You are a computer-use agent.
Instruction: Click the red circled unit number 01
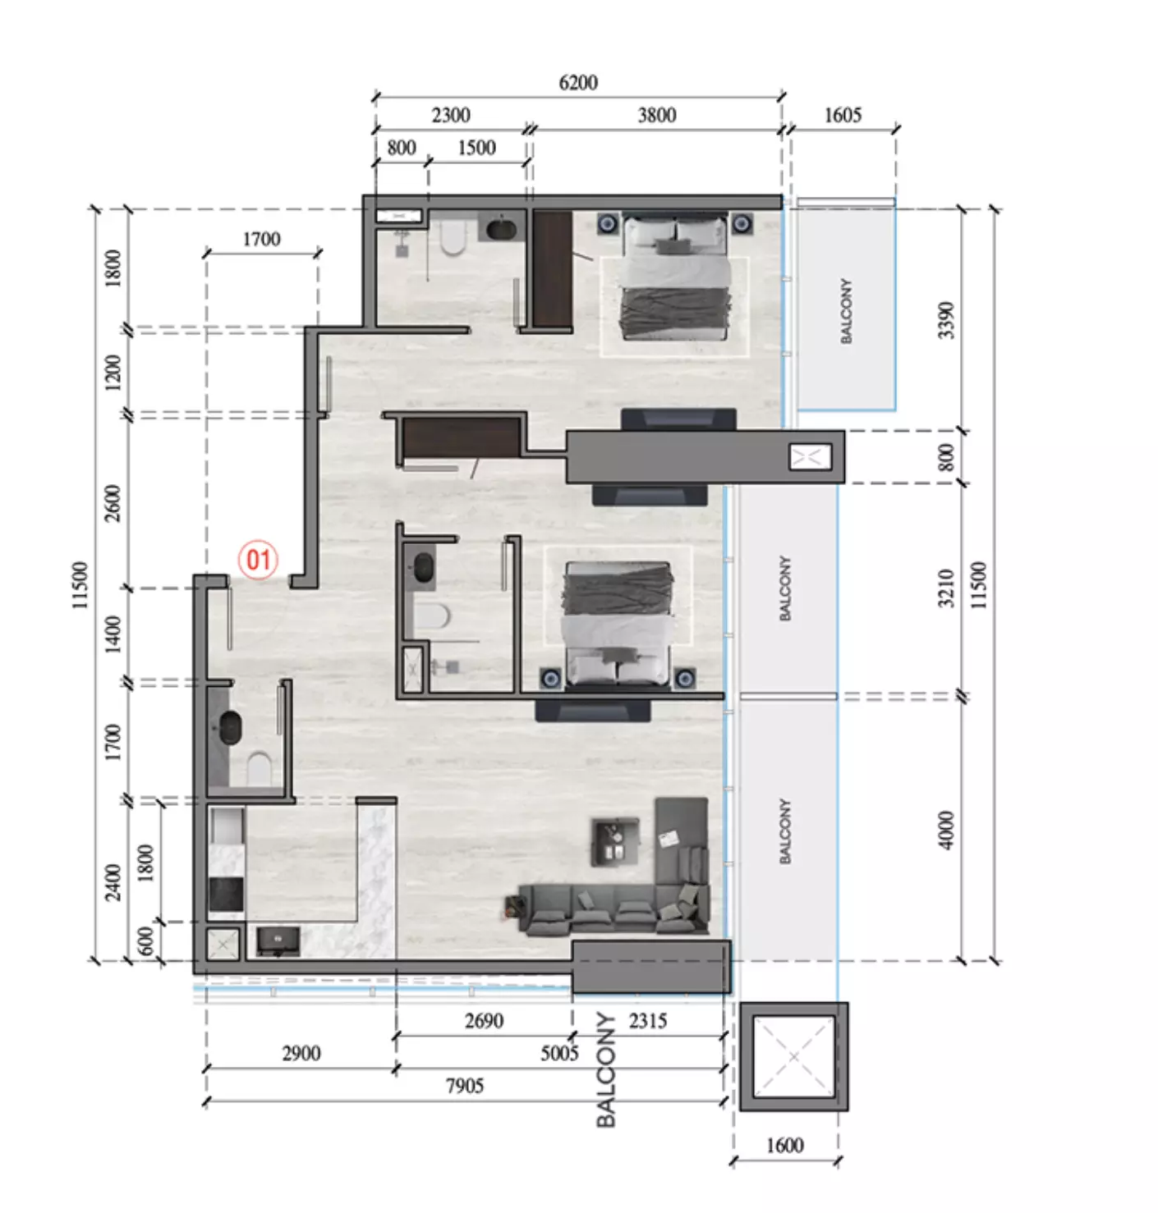(258, 561)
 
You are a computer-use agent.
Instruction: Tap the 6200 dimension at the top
(578, 82)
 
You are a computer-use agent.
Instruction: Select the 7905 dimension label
(465, 1086)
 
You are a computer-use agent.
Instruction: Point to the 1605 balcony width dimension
(843, 115)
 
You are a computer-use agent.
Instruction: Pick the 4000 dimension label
(945, 831)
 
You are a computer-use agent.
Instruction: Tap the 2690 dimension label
(484, 1021)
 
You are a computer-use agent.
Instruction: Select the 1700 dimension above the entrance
(261, 239)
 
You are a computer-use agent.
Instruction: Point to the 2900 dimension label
(301, 1053)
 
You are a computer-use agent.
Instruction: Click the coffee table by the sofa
(614, 841)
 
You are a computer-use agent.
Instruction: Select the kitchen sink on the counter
(278, 941)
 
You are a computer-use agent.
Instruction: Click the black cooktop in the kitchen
(226, 894)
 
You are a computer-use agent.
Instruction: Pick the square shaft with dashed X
(793, 1057)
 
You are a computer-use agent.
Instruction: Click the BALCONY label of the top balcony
(846, 310)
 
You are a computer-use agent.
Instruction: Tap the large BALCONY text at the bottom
(606, 1070)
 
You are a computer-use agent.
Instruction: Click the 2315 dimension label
(648, 1021)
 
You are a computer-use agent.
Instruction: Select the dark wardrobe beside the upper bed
(552, 269)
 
